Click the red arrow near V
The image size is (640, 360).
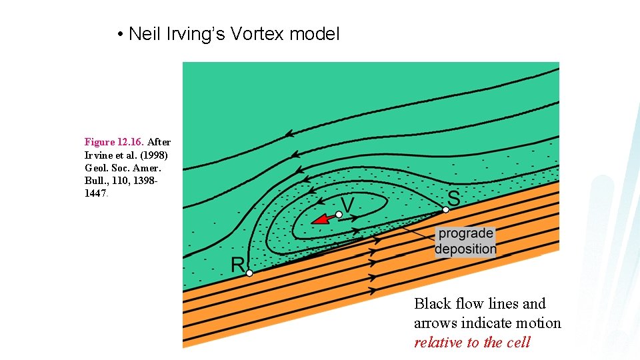[323, 219]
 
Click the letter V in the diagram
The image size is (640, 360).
[347, 202]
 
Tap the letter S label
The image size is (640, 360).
[453, 197]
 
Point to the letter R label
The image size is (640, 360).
[238, 264]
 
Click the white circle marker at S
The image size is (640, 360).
[446, 209]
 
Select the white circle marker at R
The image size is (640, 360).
[249, 273]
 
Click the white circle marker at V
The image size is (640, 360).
[339, 214]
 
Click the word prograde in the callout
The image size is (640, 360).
[465, 234]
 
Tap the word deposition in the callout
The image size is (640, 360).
[465, 249]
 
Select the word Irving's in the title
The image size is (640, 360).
[193, 33]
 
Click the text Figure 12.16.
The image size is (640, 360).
[115, 142]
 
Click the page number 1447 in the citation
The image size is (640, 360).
[95, 193]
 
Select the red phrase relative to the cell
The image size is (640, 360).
[472, 343]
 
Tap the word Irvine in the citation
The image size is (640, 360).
[99, 154]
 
